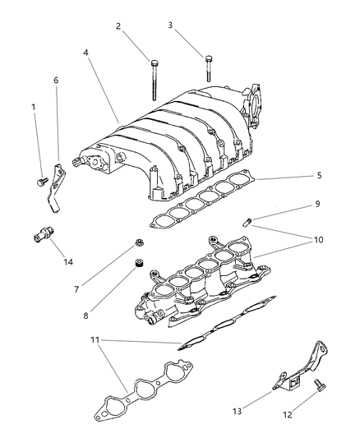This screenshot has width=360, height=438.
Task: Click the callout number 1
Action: coord(34,108)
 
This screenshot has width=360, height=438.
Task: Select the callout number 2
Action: coord(118,26)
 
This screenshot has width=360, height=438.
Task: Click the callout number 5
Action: coord(295,176)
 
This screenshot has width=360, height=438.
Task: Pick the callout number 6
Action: coord(56,81)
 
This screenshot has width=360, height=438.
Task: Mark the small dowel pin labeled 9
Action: coord(247,221)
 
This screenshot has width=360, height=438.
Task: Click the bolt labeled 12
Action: coord(317,385)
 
